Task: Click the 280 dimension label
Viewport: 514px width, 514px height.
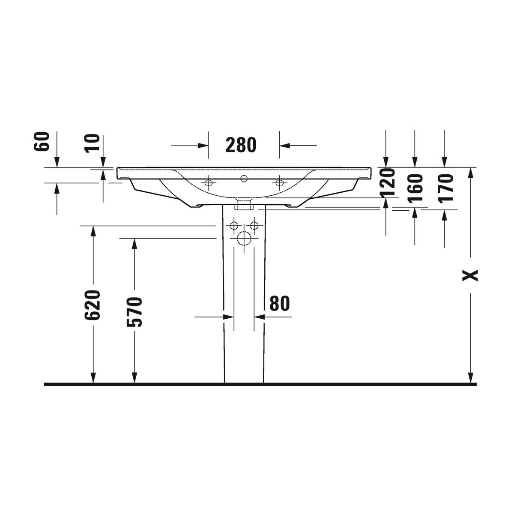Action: (x=241, y=145)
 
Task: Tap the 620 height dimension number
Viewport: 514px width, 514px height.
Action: (x=92, y=305)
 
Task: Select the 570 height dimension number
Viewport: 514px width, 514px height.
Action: (x=134, y=312)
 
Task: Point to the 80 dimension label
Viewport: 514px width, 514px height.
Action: (x=280, y=303)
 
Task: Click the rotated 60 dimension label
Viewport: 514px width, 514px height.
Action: (x=42, y=141)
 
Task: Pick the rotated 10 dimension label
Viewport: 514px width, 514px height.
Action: (x=92, y=143)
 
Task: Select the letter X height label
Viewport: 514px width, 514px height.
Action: (x=470, y=275)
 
